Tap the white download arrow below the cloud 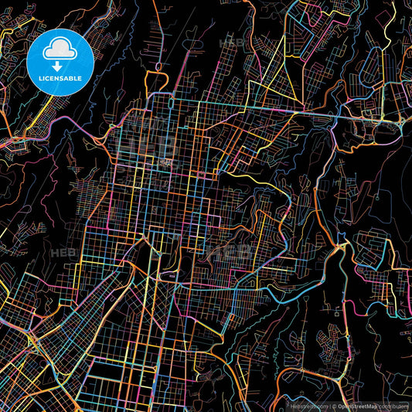click(x=59, y=65)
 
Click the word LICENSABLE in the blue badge click(x=59, y=79)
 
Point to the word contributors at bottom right click(x=395, y=405)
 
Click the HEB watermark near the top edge click(x=232, y=40)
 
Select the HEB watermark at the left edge click(x=60, y=252)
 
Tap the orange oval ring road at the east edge click(x=384, y=131)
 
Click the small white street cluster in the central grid click(x=167, y=162)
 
